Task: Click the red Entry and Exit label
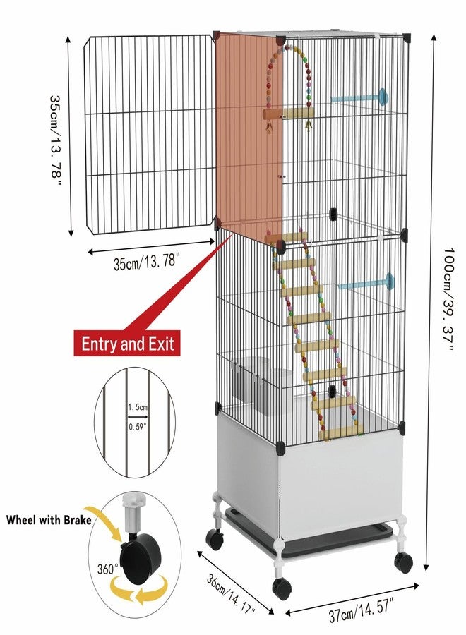click(127, 344)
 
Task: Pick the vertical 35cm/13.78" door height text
click(56, 140)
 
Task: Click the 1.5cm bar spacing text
click(138, 407)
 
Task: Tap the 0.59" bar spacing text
click(138, 426)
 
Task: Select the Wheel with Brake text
click(49, 519)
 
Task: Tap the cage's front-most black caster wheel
click(282, 589)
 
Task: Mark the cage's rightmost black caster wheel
click(403, 562)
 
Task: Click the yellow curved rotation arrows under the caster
click(140, 590)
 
